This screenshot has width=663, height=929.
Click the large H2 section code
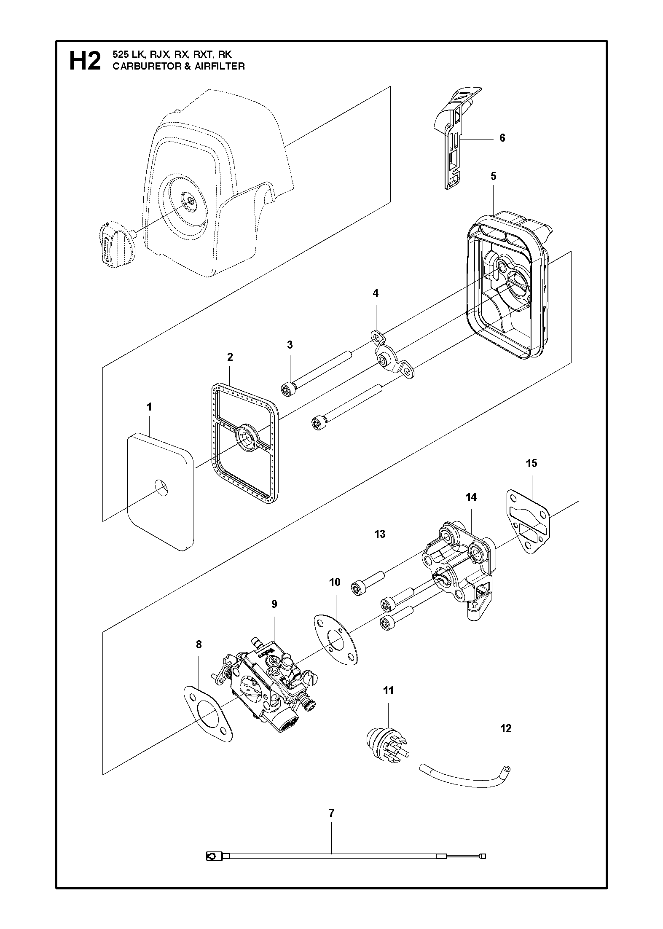point(85,61)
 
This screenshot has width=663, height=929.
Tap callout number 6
point(502,138)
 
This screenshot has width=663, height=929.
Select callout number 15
point(531,463)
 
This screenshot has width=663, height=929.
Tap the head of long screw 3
point(287,390)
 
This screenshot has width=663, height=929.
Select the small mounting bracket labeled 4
point(391,355)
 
